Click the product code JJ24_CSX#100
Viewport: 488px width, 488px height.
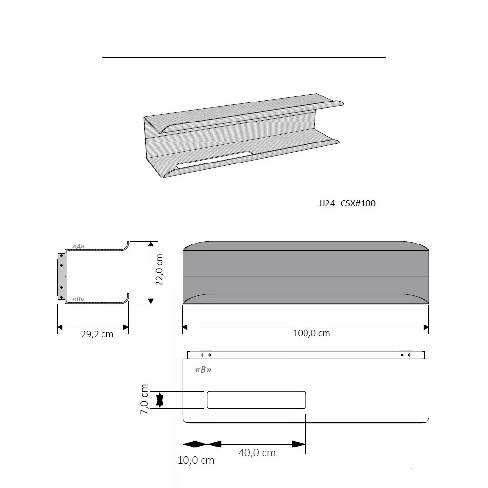point(347,203)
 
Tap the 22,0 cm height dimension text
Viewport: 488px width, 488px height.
point(159,269)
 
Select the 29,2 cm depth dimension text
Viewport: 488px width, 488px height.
point(97,334)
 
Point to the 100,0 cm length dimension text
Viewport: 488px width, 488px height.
point(311,333)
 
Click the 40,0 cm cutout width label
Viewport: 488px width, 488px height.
point(257,453)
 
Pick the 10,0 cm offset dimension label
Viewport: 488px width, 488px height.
point(196,460)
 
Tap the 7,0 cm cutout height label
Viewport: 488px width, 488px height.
point(144,399)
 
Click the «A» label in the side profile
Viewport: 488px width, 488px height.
point(79,247)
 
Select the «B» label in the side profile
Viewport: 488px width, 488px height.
point(79,299)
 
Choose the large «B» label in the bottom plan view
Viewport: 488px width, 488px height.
point(203,370)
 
